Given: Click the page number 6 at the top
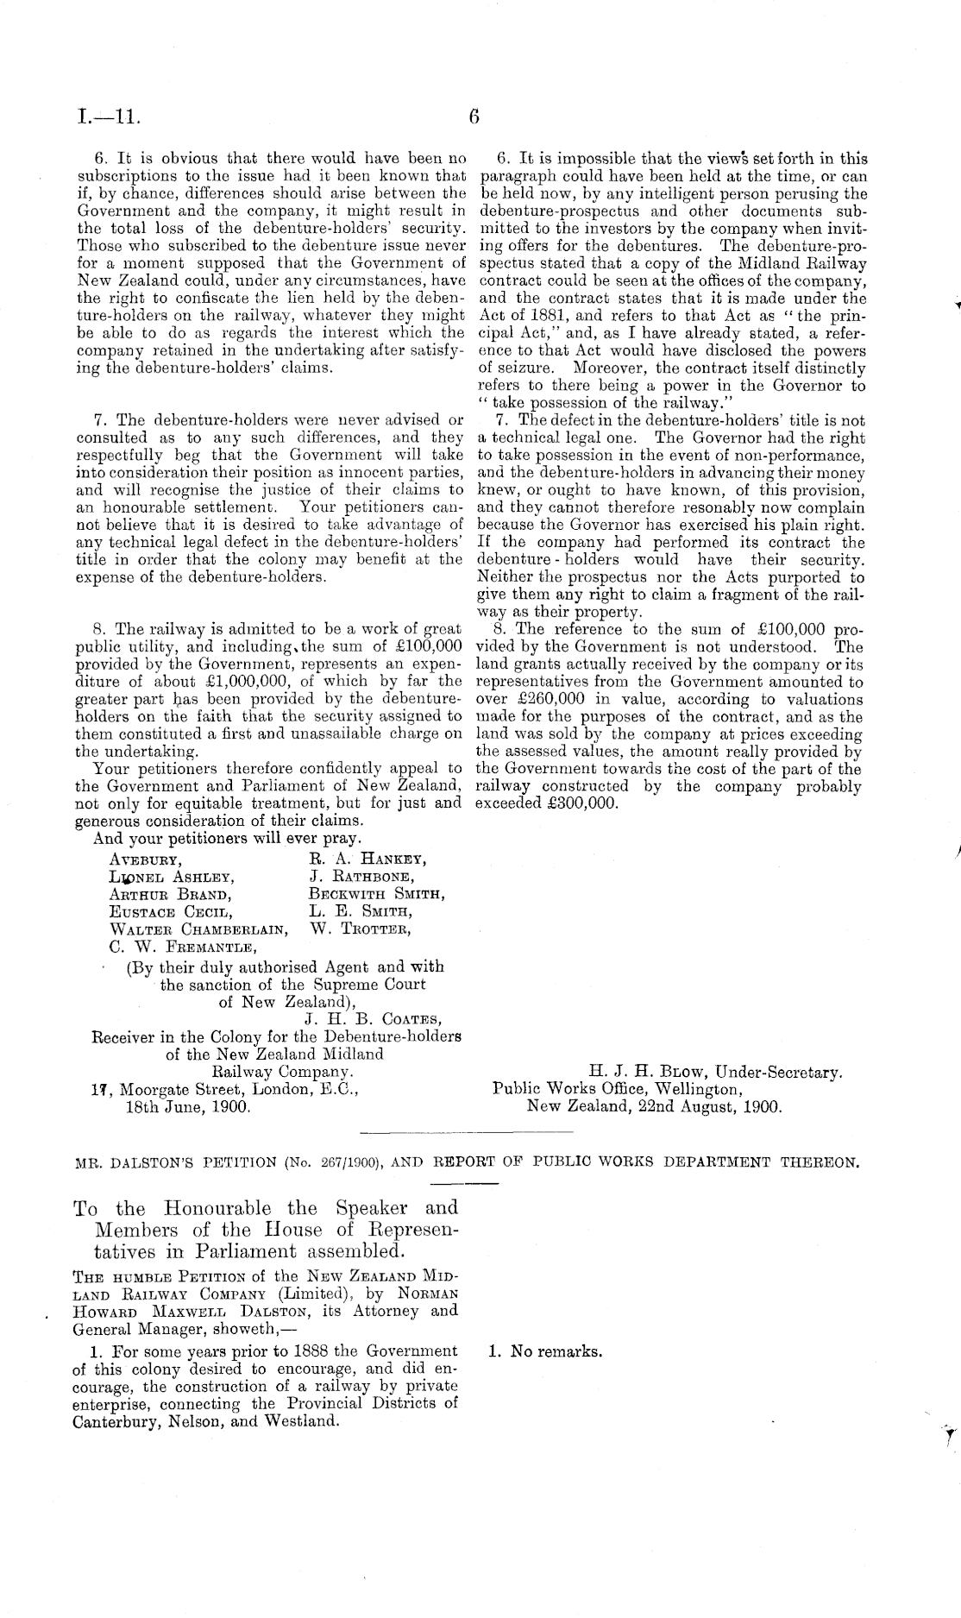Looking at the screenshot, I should coord(474,116).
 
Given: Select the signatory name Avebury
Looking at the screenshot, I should coord(144,859).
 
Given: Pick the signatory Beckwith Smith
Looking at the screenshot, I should coord(377,894).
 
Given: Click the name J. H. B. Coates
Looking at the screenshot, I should coord(374,1020).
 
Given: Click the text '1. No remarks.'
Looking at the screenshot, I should coord(545,1351).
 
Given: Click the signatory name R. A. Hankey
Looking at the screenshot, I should coord(367,859).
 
